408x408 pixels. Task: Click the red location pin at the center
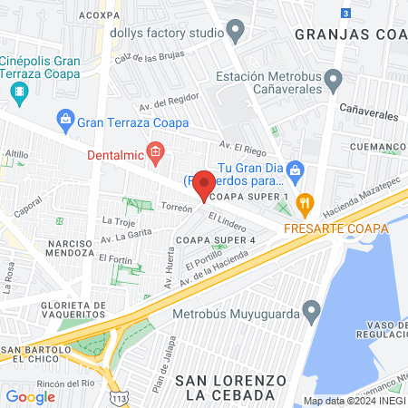pyautogui.click(x=205, y=185)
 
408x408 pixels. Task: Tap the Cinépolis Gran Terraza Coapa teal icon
pyautogui.click(x=19, y=91)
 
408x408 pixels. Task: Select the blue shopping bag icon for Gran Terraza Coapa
pyautogui.click(x=64, y=118)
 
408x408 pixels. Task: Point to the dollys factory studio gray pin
pyautogui.click(x=237, y=34)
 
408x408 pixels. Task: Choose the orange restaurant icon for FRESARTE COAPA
pyautogui.click(x=306, y=201)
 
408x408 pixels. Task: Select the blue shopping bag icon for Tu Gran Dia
pyautogui.click(x=295, y=169)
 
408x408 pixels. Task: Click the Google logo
pyautogui.click(x=30, y=396)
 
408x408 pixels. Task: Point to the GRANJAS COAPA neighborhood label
pyautogui.click(x=349, y=35)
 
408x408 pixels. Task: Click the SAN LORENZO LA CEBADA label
pyautogui.click(x=224, y=387)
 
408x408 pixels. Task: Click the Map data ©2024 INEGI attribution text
pyautogui.click(x=355, y=401)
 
